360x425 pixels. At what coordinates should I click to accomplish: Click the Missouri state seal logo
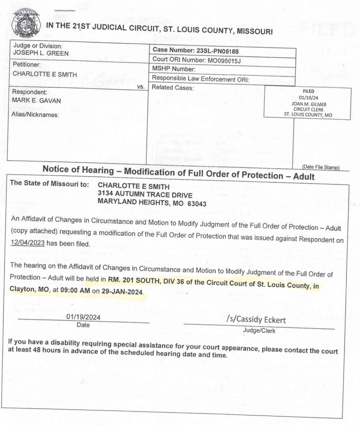tap(26, 23)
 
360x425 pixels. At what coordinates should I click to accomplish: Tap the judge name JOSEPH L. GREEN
tap(41, 54)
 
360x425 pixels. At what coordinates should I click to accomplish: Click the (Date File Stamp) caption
tap(321, 167)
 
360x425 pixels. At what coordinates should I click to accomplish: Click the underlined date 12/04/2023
tap(28, 244)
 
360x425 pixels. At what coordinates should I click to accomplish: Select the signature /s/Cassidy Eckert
tap(256, 320)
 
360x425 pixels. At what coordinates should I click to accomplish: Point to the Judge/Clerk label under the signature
tap(259, 331)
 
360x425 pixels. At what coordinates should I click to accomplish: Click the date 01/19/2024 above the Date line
tap(83, 318)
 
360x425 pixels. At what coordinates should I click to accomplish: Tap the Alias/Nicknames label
tap(36, 115)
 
